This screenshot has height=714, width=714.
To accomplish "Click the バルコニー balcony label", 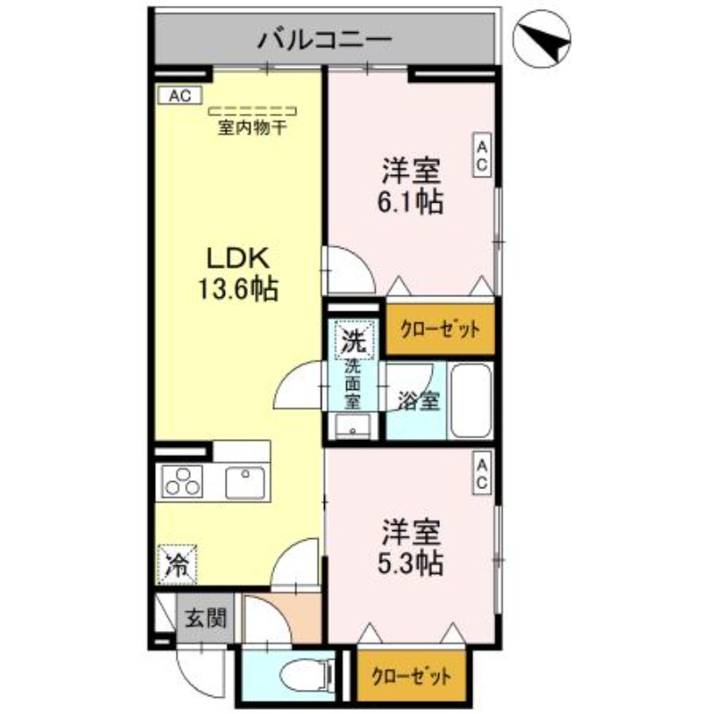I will tap(326, 39).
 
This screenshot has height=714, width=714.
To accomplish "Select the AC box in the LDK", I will tap(180, 95).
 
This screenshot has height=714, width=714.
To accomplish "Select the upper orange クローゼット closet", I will tap(439, 328).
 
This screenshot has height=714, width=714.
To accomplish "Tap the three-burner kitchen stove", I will tap(182, 484).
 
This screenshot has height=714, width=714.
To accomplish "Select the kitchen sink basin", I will tap(245, 483).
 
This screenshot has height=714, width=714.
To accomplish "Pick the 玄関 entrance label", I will tap(207, 618).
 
